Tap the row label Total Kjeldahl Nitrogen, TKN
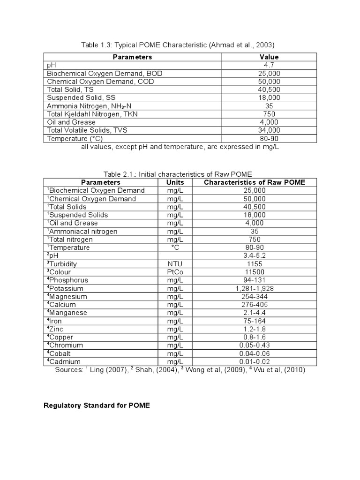point(92,114)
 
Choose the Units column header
point(175,182)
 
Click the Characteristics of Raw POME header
point(255,182)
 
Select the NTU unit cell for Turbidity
point(175,264)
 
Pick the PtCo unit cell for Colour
point(175,272)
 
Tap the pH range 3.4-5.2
point(255,255)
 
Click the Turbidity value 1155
point(255,264)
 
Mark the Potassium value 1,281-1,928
point(255,288)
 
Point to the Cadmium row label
point(64,361)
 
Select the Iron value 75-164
point(255,321)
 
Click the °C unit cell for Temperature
point(175,247)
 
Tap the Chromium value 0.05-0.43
point(255,345)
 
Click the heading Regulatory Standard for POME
point(97,405)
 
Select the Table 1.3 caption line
point(178,45)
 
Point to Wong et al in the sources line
point(202,370)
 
